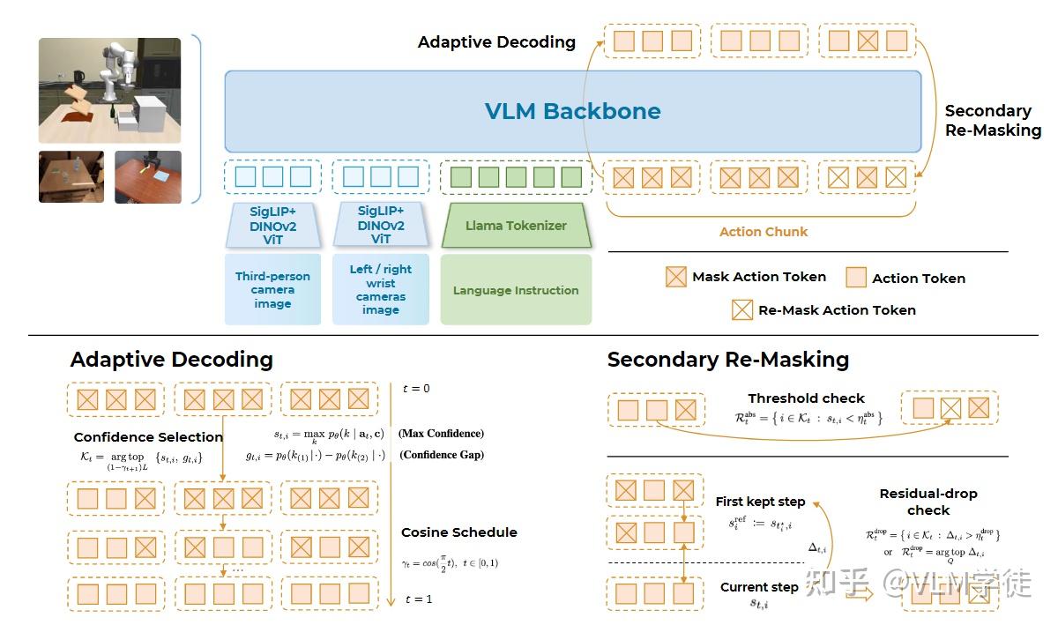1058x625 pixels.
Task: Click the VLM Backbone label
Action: point(572,111)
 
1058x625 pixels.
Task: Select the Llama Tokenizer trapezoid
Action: point(516,226)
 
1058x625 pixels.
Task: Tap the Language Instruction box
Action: point(516,290)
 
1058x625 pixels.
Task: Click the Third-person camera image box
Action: point(272,289)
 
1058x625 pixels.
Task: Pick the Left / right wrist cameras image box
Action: point(380,289)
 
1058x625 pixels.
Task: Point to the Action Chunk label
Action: point(763,232)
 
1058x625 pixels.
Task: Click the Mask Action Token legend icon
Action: point(675,277)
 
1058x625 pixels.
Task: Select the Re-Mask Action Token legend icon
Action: point(742,309)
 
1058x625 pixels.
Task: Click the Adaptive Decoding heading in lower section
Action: point(171,360)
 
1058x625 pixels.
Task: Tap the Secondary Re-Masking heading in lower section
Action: point(727,360)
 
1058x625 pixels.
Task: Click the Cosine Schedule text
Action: point(458,532)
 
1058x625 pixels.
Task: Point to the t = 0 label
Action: point(417,389)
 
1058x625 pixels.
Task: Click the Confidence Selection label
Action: point(148,437)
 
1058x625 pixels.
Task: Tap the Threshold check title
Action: point(806,398)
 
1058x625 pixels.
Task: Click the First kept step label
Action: point(760,502)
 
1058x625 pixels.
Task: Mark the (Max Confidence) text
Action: point(441,434)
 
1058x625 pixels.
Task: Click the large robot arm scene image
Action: point(109,91)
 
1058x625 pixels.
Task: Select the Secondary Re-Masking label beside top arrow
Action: point(992,121)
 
